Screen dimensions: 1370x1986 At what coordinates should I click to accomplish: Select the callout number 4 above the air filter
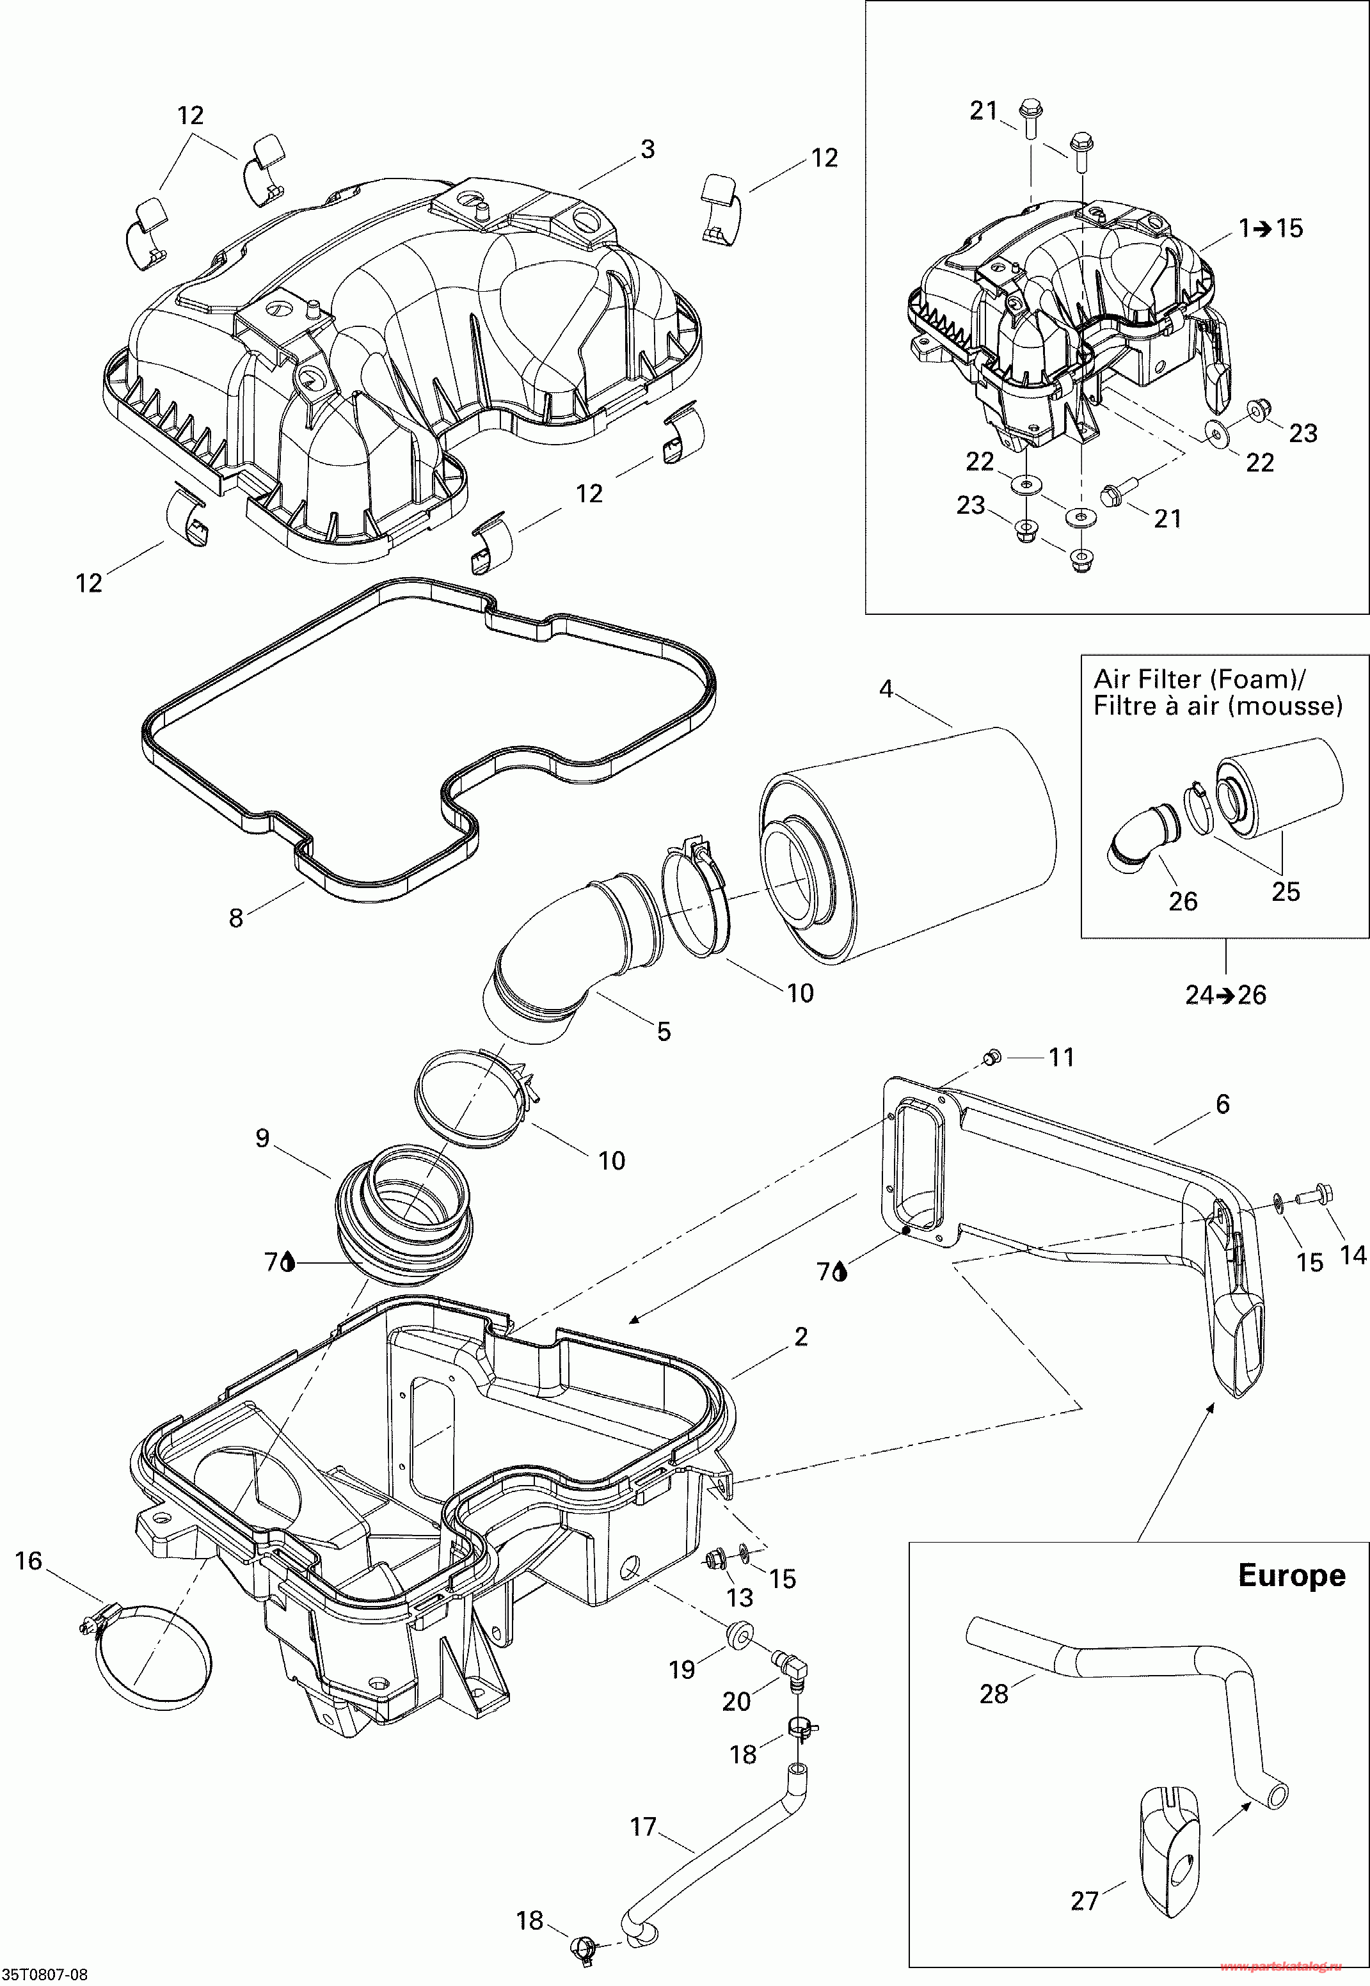[886, 688]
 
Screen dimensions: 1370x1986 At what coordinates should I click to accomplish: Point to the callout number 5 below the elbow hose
[664, 1031]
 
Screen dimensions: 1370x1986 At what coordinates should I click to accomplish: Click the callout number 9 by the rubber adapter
[262, 1138]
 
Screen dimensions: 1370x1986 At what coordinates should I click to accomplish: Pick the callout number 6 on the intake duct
[1223, 1104]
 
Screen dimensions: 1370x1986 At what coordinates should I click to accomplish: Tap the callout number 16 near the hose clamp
[28, 1561]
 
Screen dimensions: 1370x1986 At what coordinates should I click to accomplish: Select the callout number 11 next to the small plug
[1062, 1058]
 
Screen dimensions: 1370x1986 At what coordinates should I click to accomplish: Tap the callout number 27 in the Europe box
[1085, 1900]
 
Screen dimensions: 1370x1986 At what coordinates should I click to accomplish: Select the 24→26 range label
[1226, 995]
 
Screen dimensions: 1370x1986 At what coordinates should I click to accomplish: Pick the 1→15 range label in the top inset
[1270, 228]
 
